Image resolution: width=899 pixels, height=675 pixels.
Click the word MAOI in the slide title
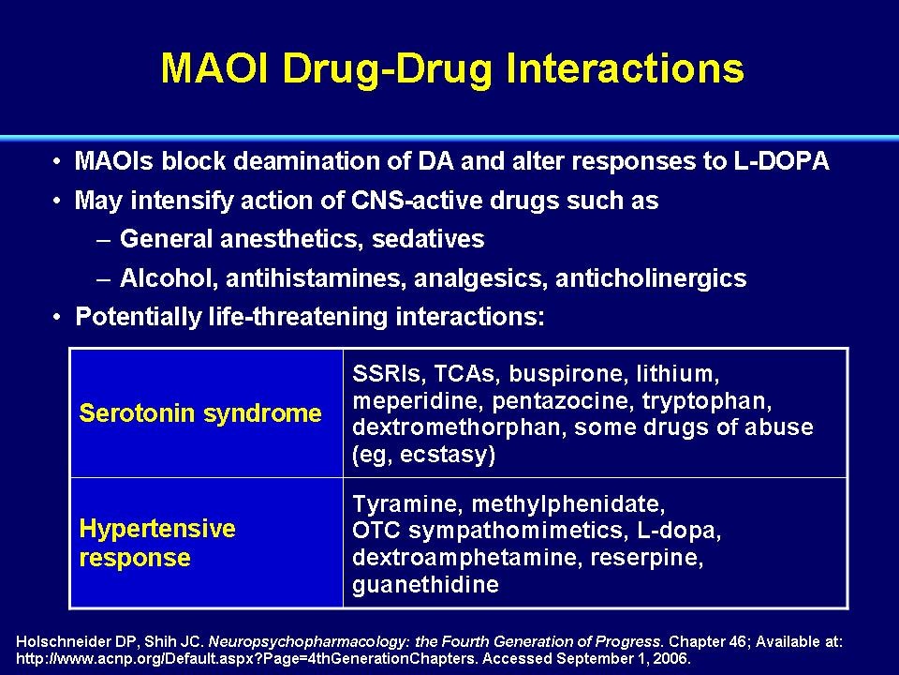[x=214, y=68]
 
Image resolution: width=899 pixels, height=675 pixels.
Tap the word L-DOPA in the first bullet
[x=781, y=161]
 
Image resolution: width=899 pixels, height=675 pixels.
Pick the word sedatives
[x=428, y=239]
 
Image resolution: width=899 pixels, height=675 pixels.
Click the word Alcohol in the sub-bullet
[x=169, y=278]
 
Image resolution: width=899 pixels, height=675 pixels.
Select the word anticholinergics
[x=651, y=278]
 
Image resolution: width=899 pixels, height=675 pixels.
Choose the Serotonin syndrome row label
[x=200, y=413]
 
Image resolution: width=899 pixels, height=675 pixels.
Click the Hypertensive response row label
[x=157, y=543]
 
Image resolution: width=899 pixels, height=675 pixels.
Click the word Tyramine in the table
[x=407, y=504]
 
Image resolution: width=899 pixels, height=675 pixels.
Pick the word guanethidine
[x=425, y=585]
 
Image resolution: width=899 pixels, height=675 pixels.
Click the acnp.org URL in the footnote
[x=246, y=658]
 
